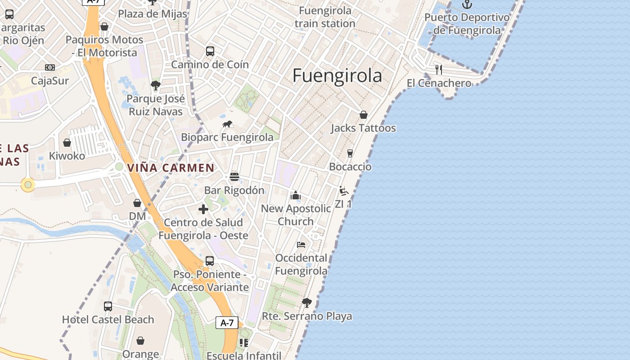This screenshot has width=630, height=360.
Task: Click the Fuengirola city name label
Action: tap(337, 76)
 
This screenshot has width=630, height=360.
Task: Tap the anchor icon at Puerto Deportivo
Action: tap(468, 4)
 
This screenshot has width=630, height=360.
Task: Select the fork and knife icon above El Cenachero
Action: tap(439, 70)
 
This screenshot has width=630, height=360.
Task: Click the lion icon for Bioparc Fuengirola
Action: tap(227, 124)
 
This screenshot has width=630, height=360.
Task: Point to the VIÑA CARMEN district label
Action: tap(171, 168)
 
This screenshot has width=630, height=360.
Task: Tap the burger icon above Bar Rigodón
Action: tap(234, 177)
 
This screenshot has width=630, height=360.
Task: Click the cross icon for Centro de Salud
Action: tap(203, 209)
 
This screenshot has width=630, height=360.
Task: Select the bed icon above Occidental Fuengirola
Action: tap(301, 245)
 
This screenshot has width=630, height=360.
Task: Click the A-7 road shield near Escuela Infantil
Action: tap(227, 323)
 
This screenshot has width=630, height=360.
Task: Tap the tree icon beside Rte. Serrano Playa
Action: tap(307, 303)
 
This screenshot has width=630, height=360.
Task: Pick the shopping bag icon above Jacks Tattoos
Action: tap(363, 115)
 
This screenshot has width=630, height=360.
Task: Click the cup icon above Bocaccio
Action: tap(350, 153)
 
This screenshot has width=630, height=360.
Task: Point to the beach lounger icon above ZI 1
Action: tap(344, 191)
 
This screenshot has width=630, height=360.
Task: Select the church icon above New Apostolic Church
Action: tap(296, 195)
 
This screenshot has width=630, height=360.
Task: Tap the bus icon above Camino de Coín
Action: tap(210, 51)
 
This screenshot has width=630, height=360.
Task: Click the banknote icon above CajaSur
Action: tap(50, 67)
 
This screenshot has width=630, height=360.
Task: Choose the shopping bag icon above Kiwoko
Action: tap(67, 143)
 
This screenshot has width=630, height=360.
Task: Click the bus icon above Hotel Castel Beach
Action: tap(108, 306)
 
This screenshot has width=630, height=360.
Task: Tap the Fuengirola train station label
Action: tap(325, 17)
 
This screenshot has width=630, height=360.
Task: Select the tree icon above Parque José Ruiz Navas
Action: tap(156, 85)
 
